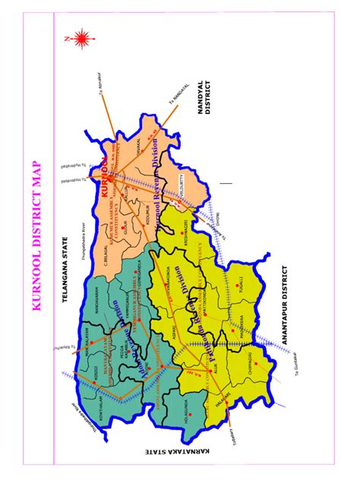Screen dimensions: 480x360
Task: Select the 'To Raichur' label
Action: coord(58,348)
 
